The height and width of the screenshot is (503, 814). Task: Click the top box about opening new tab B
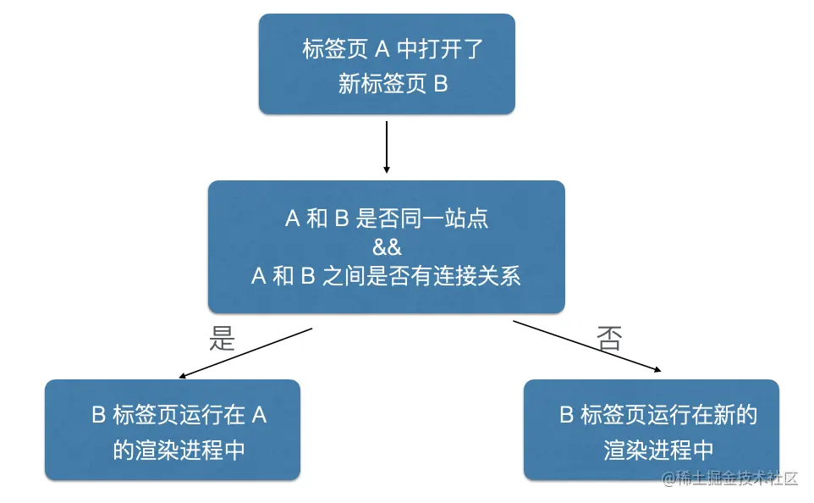click(387, 64)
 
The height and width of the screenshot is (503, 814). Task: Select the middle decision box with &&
click(387, 246)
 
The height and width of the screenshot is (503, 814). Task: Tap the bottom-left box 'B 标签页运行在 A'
click(173, 429)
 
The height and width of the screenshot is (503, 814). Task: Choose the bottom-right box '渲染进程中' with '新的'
click(652, 429)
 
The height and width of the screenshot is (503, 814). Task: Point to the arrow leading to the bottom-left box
click(245, 352)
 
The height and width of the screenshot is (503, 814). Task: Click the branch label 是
click(221, 339)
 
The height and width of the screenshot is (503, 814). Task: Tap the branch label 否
click(609, 340)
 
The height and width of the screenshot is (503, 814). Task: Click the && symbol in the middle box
click(387, 247)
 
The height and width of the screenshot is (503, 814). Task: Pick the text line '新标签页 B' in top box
click(393, 84)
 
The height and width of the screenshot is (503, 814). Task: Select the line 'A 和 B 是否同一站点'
click(387, 218)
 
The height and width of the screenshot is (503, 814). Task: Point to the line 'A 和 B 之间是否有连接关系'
click(387, 276)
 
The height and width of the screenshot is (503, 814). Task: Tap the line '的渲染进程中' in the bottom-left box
click(179, 449)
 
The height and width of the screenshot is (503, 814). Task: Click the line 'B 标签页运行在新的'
click(658, 415)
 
